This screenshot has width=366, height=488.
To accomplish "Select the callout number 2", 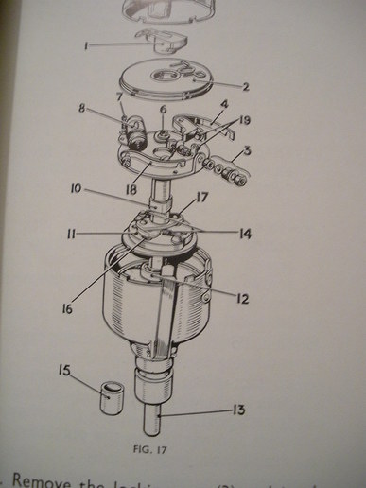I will tap(245, 87).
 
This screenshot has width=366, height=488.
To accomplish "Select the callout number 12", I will tap(243, 299).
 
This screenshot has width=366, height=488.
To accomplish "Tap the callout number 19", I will tap(248, 120).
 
